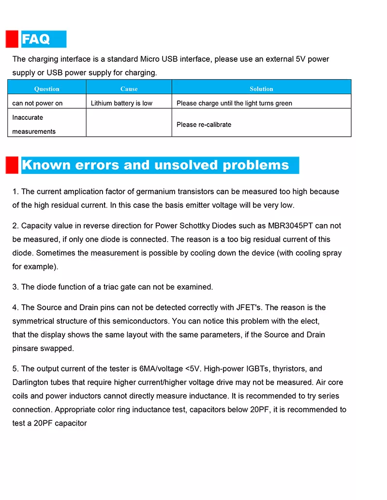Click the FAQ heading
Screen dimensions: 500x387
pyautogui.click(x=36, y=39)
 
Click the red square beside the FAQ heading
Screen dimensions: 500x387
pyautogui.click(x=12, y=39)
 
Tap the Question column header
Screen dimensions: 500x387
pyautogui.click(x=47, y=89)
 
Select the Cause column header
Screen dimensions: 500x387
pyautogui.click(x=129, y=89)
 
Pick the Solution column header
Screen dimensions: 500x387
pyautogui.click(x=261, y=89)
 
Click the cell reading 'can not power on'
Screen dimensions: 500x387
pyautogui.click(x=37, y=103)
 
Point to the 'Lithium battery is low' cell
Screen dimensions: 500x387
pyautogui.click(x=121, y=103)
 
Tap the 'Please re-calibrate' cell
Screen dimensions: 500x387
pyautogui.click(x=204, y=124)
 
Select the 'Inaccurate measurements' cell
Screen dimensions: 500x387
pyautogui.click(x=34, y=124)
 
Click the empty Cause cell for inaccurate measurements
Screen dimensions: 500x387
pyautogui.click(x=129, y=123)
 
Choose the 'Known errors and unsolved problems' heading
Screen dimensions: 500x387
pyautogui.click(x=155, y=165)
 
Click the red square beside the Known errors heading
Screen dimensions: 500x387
pyautogui.click(x=12, y=165)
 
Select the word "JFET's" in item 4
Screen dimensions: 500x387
pyautogui.click(x=251, y=307)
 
